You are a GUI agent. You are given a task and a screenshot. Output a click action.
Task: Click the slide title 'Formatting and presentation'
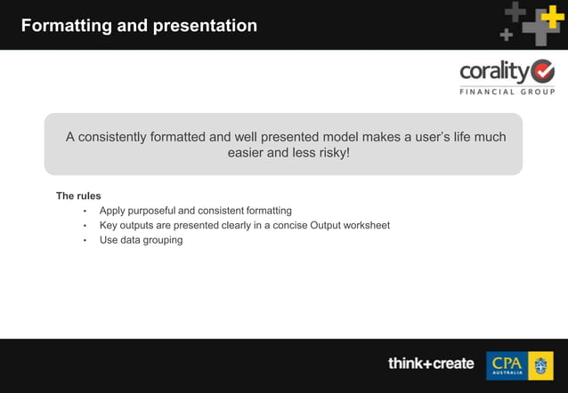(x=139, y=26)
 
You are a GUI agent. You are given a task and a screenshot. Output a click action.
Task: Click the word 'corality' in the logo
(x=493, y=71)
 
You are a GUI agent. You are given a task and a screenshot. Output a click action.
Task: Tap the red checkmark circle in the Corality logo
(x=541, y=71)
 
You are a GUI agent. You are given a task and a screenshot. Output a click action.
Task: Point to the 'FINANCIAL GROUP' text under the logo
(x=507, y=92)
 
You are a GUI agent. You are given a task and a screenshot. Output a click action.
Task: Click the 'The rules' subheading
(x=78, y=196)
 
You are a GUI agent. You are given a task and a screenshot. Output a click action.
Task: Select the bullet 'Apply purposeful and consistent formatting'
(x=195, y=211)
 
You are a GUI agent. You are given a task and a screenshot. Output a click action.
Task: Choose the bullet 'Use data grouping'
(x=141, y=240)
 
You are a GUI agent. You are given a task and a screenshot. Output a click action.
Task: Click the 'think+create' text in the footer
(x=431, y=364)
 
